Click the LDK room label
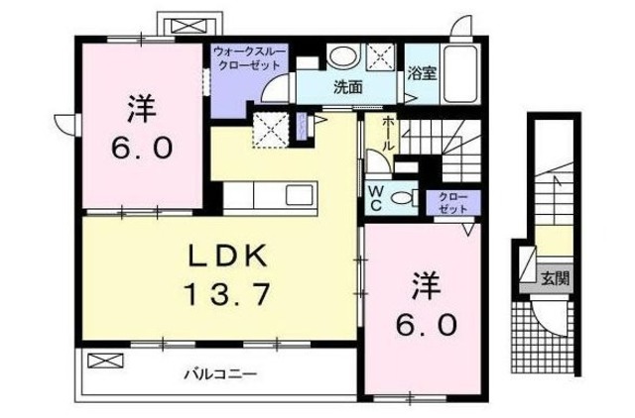click(229, 257)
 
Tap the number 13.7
click(229, 293)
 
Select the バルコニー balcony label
click(219, 374)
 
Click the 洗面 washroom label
click(346, 87)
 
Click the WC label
click(378, 196)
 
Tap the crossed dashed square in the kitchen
click(270, 128)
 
